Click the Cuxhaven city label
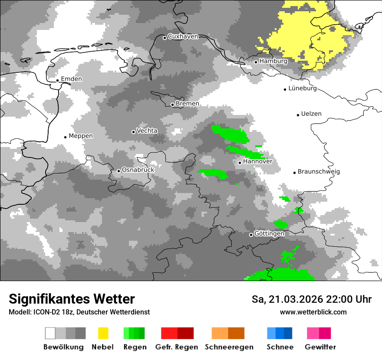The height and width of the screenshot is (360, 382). pyautogui.click(x=183, y=36)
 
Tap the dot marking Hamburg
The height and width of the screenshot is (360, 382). pyautogui.click(x=256, y=62)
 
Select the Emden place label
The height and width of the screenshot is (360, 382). pyautogui.click(x=71, y=79)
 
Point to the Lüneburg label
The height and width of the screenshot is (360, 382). pyautogui.click(x=303, y=88)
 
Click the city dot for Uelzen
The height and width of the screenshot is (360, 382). pyautogui.click(x=298, y=115)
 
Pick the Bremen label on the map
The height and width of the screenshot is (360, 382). pyautogui.click(x=188, y=104)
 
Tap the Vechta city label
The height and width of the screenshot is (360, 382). pyautogui.click(x=147, y=131)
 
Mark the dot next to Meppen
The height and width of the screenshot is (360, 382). pyautogui.click(x=65, y=137)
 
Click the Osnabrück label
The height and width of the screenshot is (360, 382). pyautogui.click(x=138, y=170)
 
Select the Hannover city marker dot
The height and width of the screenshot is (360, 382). pyautogui.click(x=240, y=163)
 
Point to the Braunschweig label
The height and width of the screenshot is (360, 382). pyautogui.click(x=319, y=171)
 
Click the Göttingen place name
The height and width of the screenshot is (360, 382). pyautogui.click(x=269, y=234)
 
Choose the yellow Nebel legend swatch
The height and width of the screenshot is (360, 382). pyautogui.click(x=103, y=333)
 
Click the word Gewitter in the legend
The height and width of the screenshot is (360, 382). pyautogui.click(x=320, y=347)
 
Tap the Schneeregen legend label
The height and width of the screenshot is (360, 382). pyautogui.click(x=229, y=347)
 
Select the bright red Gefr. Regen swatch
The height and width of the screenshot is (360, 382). pyautogui.click(x=169, y=333)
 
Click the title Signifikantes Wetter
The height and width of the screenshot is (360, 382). pyautogui.click(x=72, y=299)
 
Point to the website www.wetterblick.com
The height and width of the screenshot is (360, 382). pyautogui.click(x=313, y=312)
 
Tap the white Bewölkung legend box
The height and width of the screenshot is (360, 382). pyautogui.click(x=50, y=333)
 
